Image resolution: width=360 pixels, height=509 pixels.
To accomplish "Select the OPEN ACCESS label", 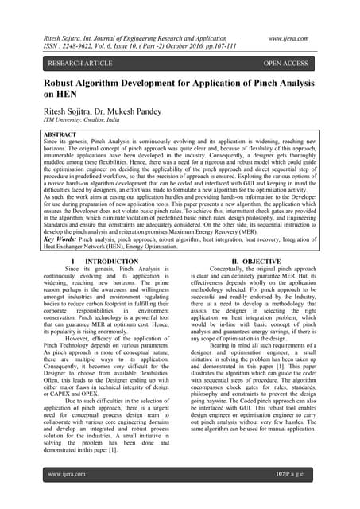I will pos(287,61).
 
